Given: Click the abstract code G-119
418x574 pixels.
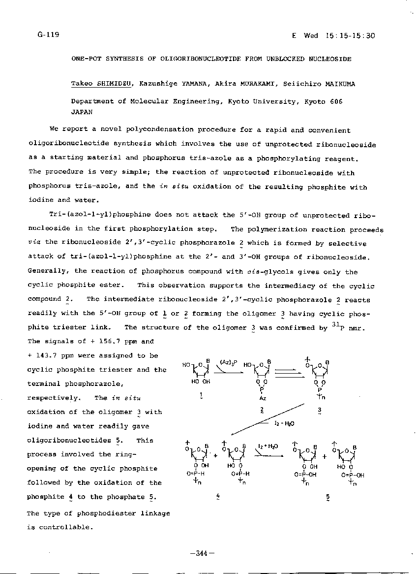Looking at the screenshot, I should [48, 34].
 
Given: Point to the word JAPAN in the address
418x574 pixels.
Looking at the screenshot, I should [82, 112].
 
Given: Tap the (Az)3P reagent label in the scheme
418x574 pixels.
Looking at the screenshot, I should [228, 362].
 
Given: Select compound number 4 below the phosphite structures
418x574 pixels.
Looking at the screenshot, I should [217, 497].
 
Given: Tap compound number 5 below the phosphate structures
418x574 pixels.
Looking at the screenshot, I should [328, 497].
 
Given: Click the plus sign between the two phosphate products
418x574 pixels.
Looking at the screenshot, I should [324, 456].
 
